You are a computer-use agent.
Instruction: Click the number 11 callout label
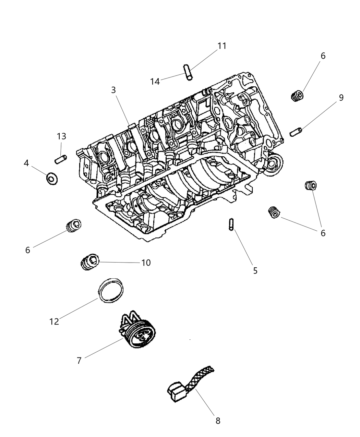222,46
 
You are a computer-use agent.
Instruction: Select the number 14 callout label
155,82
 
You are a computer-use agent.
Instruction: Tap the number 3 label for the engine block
113,90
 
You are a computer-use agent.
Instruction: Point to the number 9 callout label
341,98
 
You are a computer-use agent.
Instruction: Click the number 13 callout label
61,136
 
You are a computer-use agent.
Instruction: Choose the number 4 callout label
26,163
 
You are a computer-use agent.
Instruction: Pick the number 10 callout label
146,263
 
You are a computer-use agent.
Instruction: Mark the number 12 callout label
54,321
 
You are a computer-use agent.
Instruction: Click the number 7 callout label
79,361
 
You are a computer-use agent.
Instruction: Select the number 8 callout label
218,421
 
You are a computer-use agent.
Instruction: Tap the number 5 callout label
255,270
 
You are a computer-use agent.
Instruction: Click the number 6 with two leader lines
323,233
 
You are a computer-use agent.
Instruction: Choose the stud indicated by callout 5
230,225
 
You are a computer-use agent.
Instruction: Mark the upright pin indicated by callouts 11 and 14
188,72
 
